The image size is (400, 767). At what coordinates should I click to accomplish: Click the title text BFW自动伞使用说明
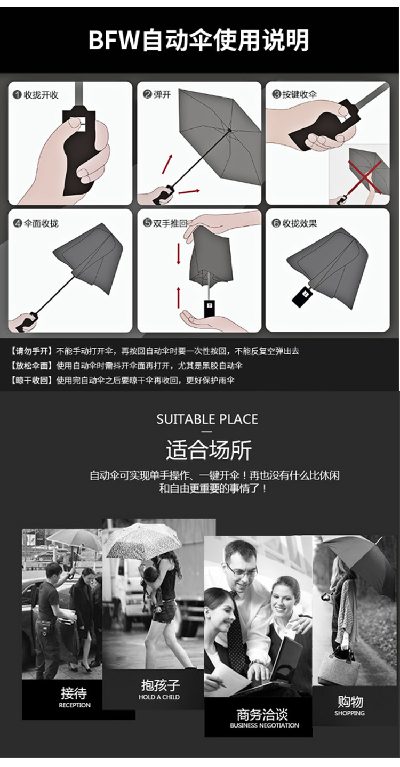tap(198, 41)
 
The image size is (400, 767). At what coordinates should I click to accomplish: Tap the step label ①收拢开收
tap(36, 95)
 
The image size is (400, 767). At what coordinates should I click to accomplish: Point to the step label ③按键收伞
tap(294, 94)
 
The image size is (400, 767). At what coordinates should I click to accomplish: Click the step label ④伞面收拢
tap(36, 223)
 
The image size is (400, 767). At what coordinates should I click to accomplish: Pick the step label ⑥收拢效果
tap(294, 223)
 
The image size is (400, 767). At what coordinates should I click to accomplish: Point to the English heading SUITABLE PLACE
tap(207, 419)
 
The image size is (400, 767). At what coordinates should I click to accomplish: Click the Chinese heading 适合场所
tap(208, 450)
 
